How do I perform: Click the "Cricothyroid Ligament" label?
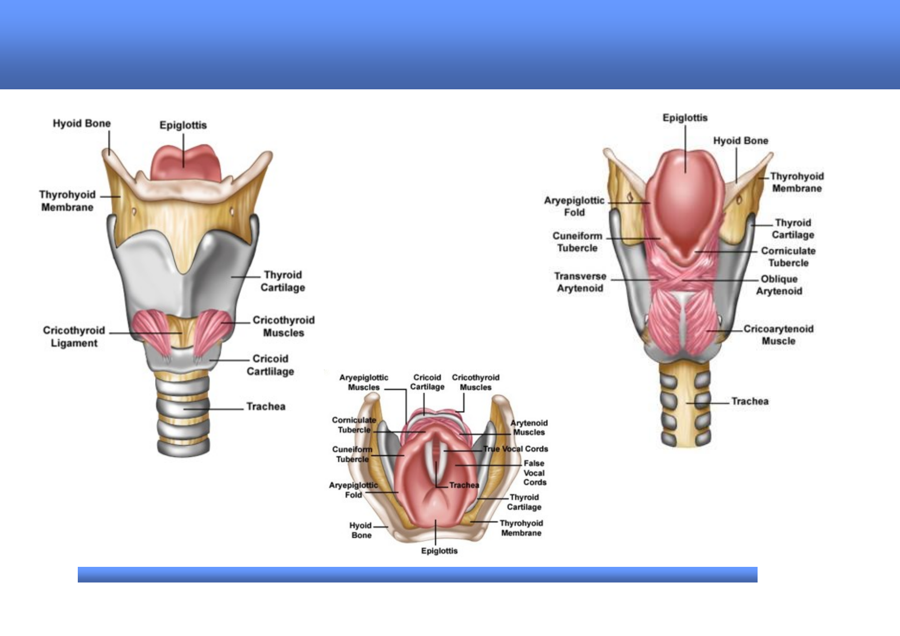tap(74, 337)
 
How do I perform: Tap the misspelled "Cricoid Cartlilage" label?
tap(270, 365)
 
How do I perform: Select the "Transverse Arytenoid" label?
tap(580, 282)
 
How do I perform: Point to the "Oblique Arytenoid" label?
tap(779, 285)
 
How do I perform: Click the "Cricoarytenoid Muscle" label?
tap(778, 335)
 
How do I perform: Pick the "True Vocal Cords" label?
tap(516, 449)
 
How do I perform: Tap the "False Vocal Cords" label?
tap(534, 472)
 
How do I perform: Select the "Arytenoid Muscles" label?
tap(529, 428)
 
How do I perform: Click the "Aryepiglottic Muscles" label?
tap(364, 382)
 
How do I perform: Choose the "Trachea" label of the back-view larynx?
tap(750, 401)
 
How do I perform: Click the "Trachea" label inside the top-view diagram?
tap(464, 485)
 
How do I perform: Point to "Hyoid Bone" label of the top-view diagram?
tap(361, 530)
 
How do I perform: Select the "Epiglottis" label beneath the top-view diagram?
tap(439, 551)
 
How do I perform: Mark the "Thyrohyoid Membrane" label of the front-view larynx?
tap(67, 201)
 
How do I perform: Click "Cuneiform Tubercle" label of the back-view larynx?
tap(577, 242)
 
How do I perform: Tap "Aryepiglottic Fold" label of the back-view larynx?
tap(574, 206)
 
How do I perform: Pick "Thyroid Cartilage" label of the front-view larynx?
tap(283, 281)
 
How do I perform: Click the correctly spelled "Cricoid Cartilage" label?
tap(427, 382)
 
